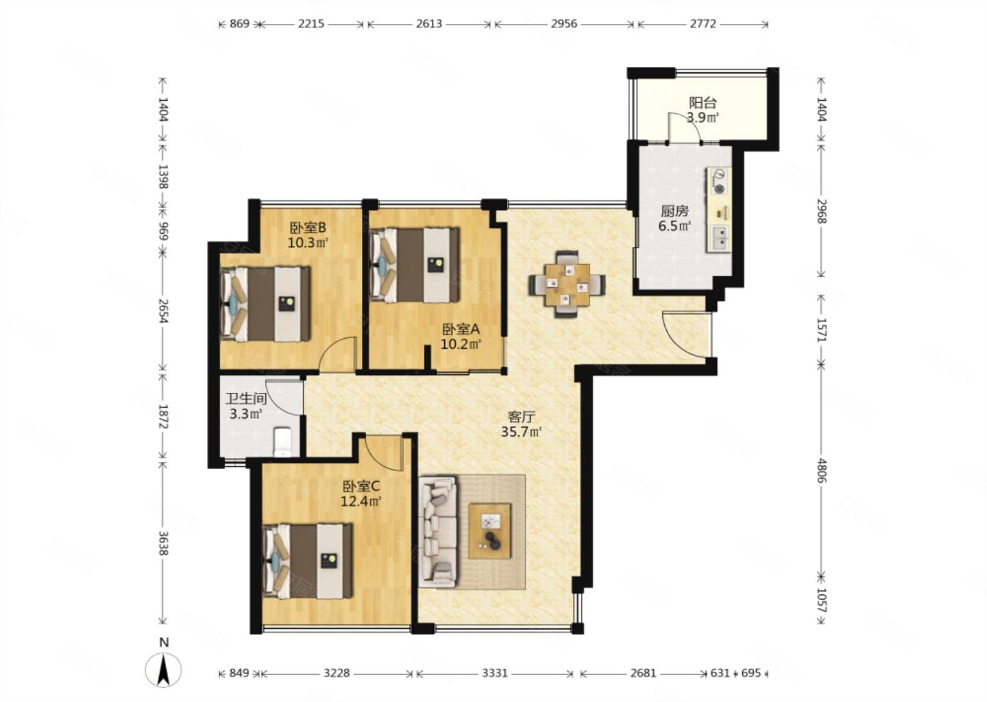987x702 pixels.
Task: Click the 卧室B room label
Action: pos(308,228)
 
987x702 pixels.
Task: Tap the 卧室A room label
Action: pos(461,329)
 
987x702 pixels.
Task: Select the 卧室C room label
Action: pos(361,486)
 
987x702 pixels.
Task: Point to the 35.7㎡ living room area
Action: pos(521,431)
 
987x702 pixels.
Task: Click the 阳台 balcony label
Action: pos(703,103)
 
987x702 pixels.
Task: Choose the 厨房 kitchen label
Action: pos(674,211)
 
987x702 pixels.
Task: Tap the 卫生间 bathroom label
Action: pos(246,399)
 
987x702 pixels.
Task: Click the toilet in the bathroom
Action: pos(282,441)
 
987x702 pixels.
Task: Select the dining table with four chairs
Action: pos(567,285)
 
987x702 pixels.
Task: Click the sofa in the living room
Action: pos(439,531)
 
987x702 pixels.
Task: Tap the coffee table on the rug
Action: pos(490,531)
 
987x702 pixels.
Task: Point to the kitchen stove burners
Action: pos(718,182)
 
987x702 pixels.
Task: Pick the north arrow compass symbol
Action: pos(163,670)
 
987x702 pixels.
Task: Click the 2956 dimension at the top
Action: pos(563,24)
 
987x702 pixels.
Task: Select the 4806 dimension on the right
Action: pos(822,470)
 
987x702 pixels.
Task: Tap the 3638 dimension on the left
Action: pos(163,544)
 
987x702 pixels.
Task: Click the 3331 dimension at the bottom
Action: pos(495,673)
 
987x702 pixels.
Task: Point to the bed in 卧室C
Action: pos(308,561)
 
